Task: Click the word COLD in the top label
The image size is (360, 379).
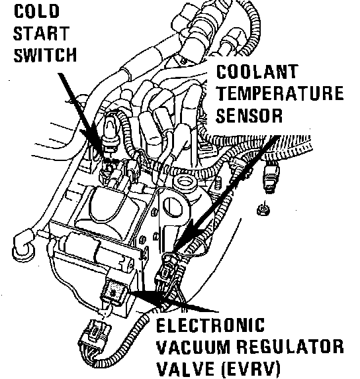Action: point(36,11)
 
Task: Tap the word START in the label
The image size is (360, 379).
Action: point(41,33)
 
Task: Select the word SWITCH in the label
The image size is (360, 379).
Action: point(45,55)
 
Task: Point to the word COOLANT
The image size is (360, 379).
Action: point(257,72)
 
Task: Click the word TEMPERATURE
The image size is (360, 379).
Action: point(280,93)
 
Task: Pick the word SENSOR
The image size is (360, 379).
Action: point(249,115)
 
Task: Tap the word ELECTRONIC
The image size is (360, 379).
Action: point(210,325)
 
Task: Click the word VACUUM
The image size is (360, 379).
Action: point(193,347)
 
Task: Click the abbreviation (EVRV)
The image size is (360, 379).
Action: point(251,369)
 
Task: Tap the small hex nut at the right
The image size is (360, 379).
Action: point(263,210)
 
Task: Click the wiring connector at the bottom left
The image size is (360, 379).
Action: point(96,335)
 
